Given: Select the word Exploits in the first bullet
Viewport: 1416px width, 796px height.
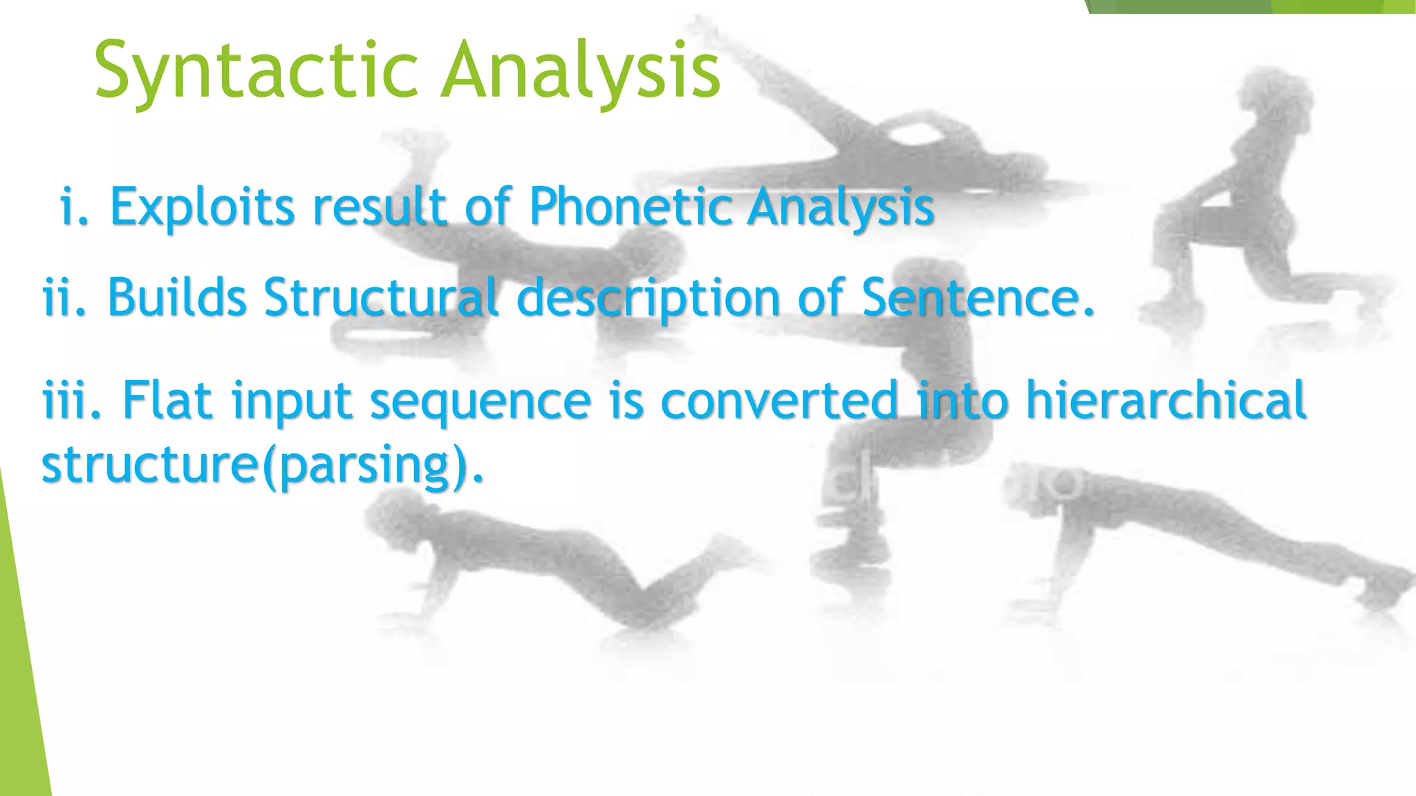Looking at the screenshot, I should pyautogui.click(x=203, y=207).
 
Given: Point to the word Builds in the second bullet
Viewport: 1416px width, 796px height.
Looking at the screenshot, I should pyautogui.click(x=177, y=298).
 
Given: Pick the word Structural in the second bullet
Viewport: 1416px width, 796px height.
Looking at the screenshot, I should pyautogui.click(x=381, y=298).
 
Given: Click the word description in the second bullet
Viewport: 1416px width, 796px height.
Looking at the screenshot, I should pyautogui.click(x=649, y=299).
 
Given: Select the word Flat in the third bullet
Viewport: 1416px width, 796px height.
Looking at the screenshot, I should pyautogui.click(x=167, y=400).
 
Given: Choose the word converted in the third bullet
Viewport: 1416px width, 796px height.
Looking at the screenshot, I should pyautogui.click(x=779, y=400).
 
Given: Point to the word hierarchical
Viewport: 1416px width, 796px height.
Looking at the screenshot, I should pyautogui.click(x=1166, y=400).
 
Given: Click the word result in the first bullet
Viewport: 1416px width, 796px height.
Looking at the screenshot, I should pyautogui.click(x=380, y=207).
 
